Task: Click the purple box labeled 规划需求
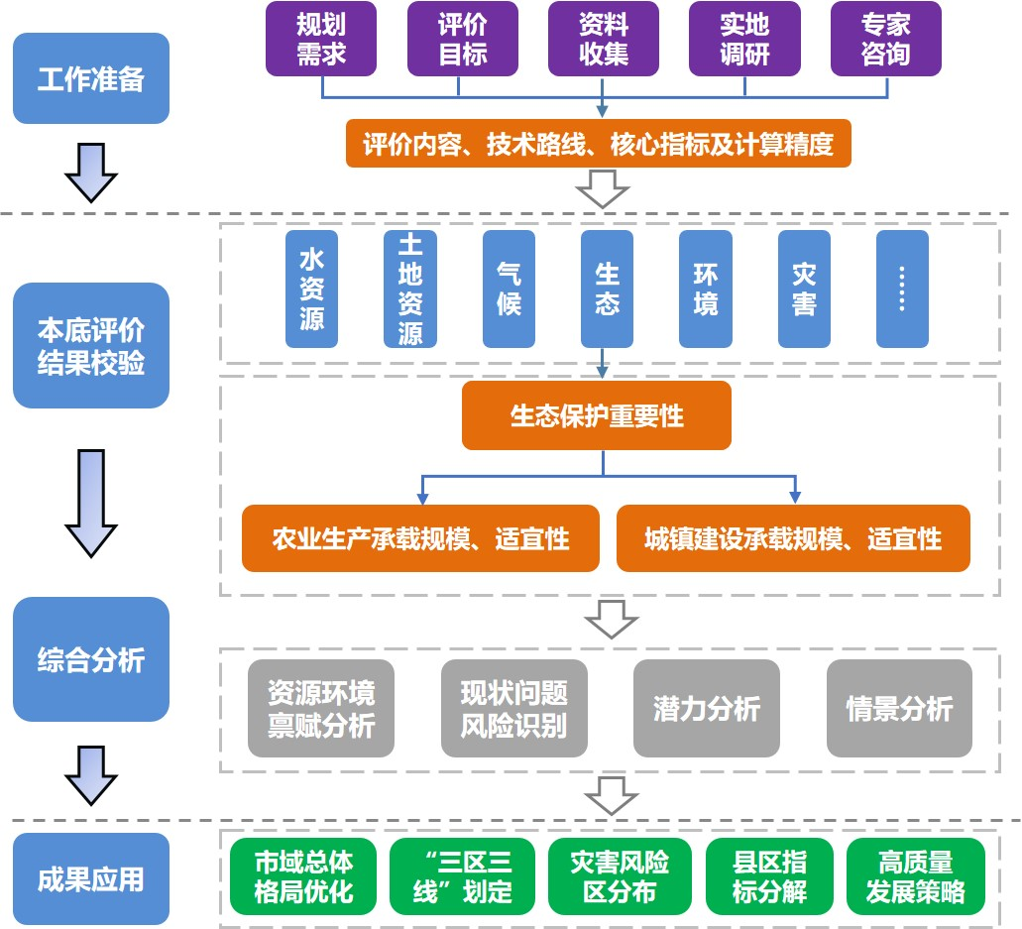coord(321,39)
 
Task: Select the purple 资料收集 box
coord(604,39)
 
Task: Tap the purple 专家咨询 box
coord(885,39)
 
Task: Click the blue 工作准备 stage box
coord(91,79)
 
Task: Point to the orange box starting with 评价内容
coord(598,145)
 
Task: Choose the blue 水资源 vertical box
coord(311,290)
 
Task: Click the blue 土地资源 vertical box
coord(410,290)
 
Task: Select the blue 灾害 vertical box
coord(804,290)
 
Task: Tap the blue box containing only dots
coord(902,290)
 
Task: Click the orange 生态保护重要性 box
coord(597,415)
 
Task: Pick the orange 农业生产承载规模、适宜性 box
coord(420,538)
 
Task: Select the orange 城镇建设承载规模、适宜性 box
coord(793,538)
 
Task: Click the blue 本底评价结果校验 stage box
coord(91,346)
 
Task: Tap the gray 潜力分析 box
coord(707,709)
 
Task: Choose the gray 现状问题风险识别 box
coord(513,709)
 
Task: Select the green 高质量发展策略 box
coord(915,876)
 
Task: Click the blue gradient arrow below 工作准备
coord(91,173)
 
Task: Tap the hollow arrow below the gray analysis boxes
coord(610,794)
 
